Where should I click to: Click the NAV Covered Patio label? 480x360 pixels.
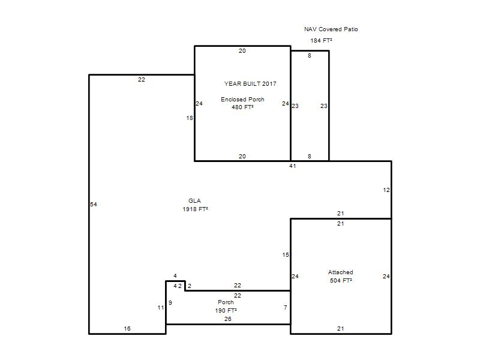point(331,29)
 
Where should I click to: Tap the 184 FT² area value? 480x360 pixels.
point(321,40)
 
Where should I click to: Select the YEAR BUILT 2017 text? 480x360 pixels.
point(250,83)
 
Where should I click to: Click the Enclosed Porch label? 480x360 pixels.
point(242,99)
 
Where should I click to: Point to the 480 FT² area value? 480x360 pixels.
point(242,107)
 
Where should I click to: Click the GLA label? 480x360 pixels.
point(194,201)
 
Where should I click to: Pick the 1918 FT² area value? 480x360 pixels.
point(196,209)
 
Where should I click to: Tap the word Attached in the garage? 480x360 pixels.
point(341,272)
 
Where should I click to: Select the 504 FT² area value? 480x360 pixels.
point(341,280)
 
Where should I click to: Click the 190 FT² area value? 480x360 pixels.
point(226,310)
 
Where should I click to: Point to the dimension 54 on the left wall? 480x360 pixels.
point(94,204)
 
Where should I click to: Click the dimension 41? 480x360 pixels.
point(293,166)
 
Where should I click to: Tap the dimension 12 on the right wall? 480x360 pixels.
point(386,190)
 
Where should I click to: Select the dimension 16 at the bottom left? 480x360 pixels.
point(127,328)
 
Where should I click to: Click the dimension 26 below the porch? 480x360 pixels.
point(228,319)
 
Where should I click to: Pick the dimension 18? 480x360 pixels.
point(190,118)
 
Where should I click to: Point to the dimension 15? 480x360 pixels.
point(286,254)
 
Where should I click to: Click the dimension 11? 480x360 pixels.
point(161,308)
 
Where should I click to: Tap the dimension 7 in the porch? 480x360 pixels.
point(286,307)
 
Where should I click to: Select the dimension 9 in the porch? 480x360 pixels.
point(170,303)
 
